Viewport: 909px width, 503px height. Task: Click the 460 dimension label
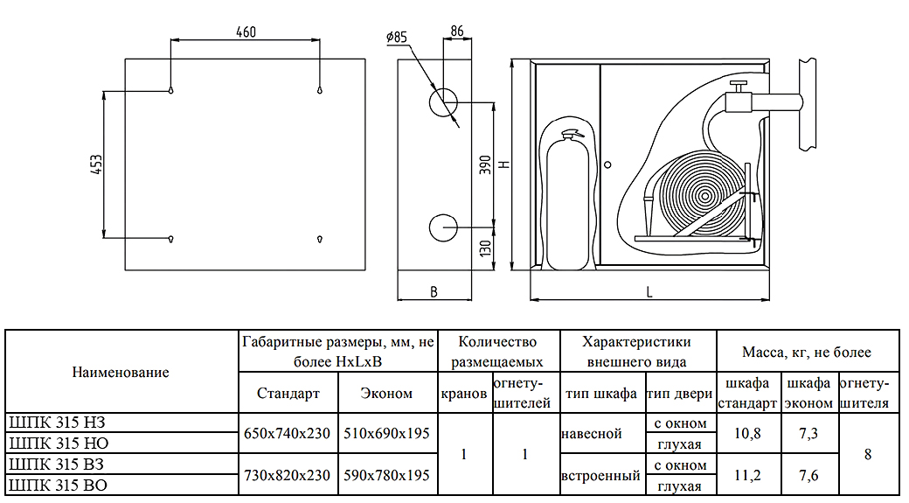click(246, 32)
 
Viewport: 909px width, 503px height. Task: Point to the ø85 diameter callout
click(396, 38)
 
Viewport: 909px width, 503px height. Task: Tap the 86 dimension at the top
click(456, 31)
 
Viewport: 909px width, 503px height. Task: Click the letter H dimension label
click(505, 164)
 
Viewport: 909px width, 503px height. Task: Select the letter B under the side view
click(434, 292)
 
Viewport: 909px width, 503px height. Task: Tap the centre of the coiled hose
click(703, 193)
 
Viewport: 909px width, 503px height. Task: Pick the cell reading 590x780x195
click(386, 476)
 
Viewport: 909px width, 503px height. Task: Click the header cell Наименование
click(121, 371)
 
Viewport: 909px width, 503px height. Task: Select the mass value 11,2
click(746, 476)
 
